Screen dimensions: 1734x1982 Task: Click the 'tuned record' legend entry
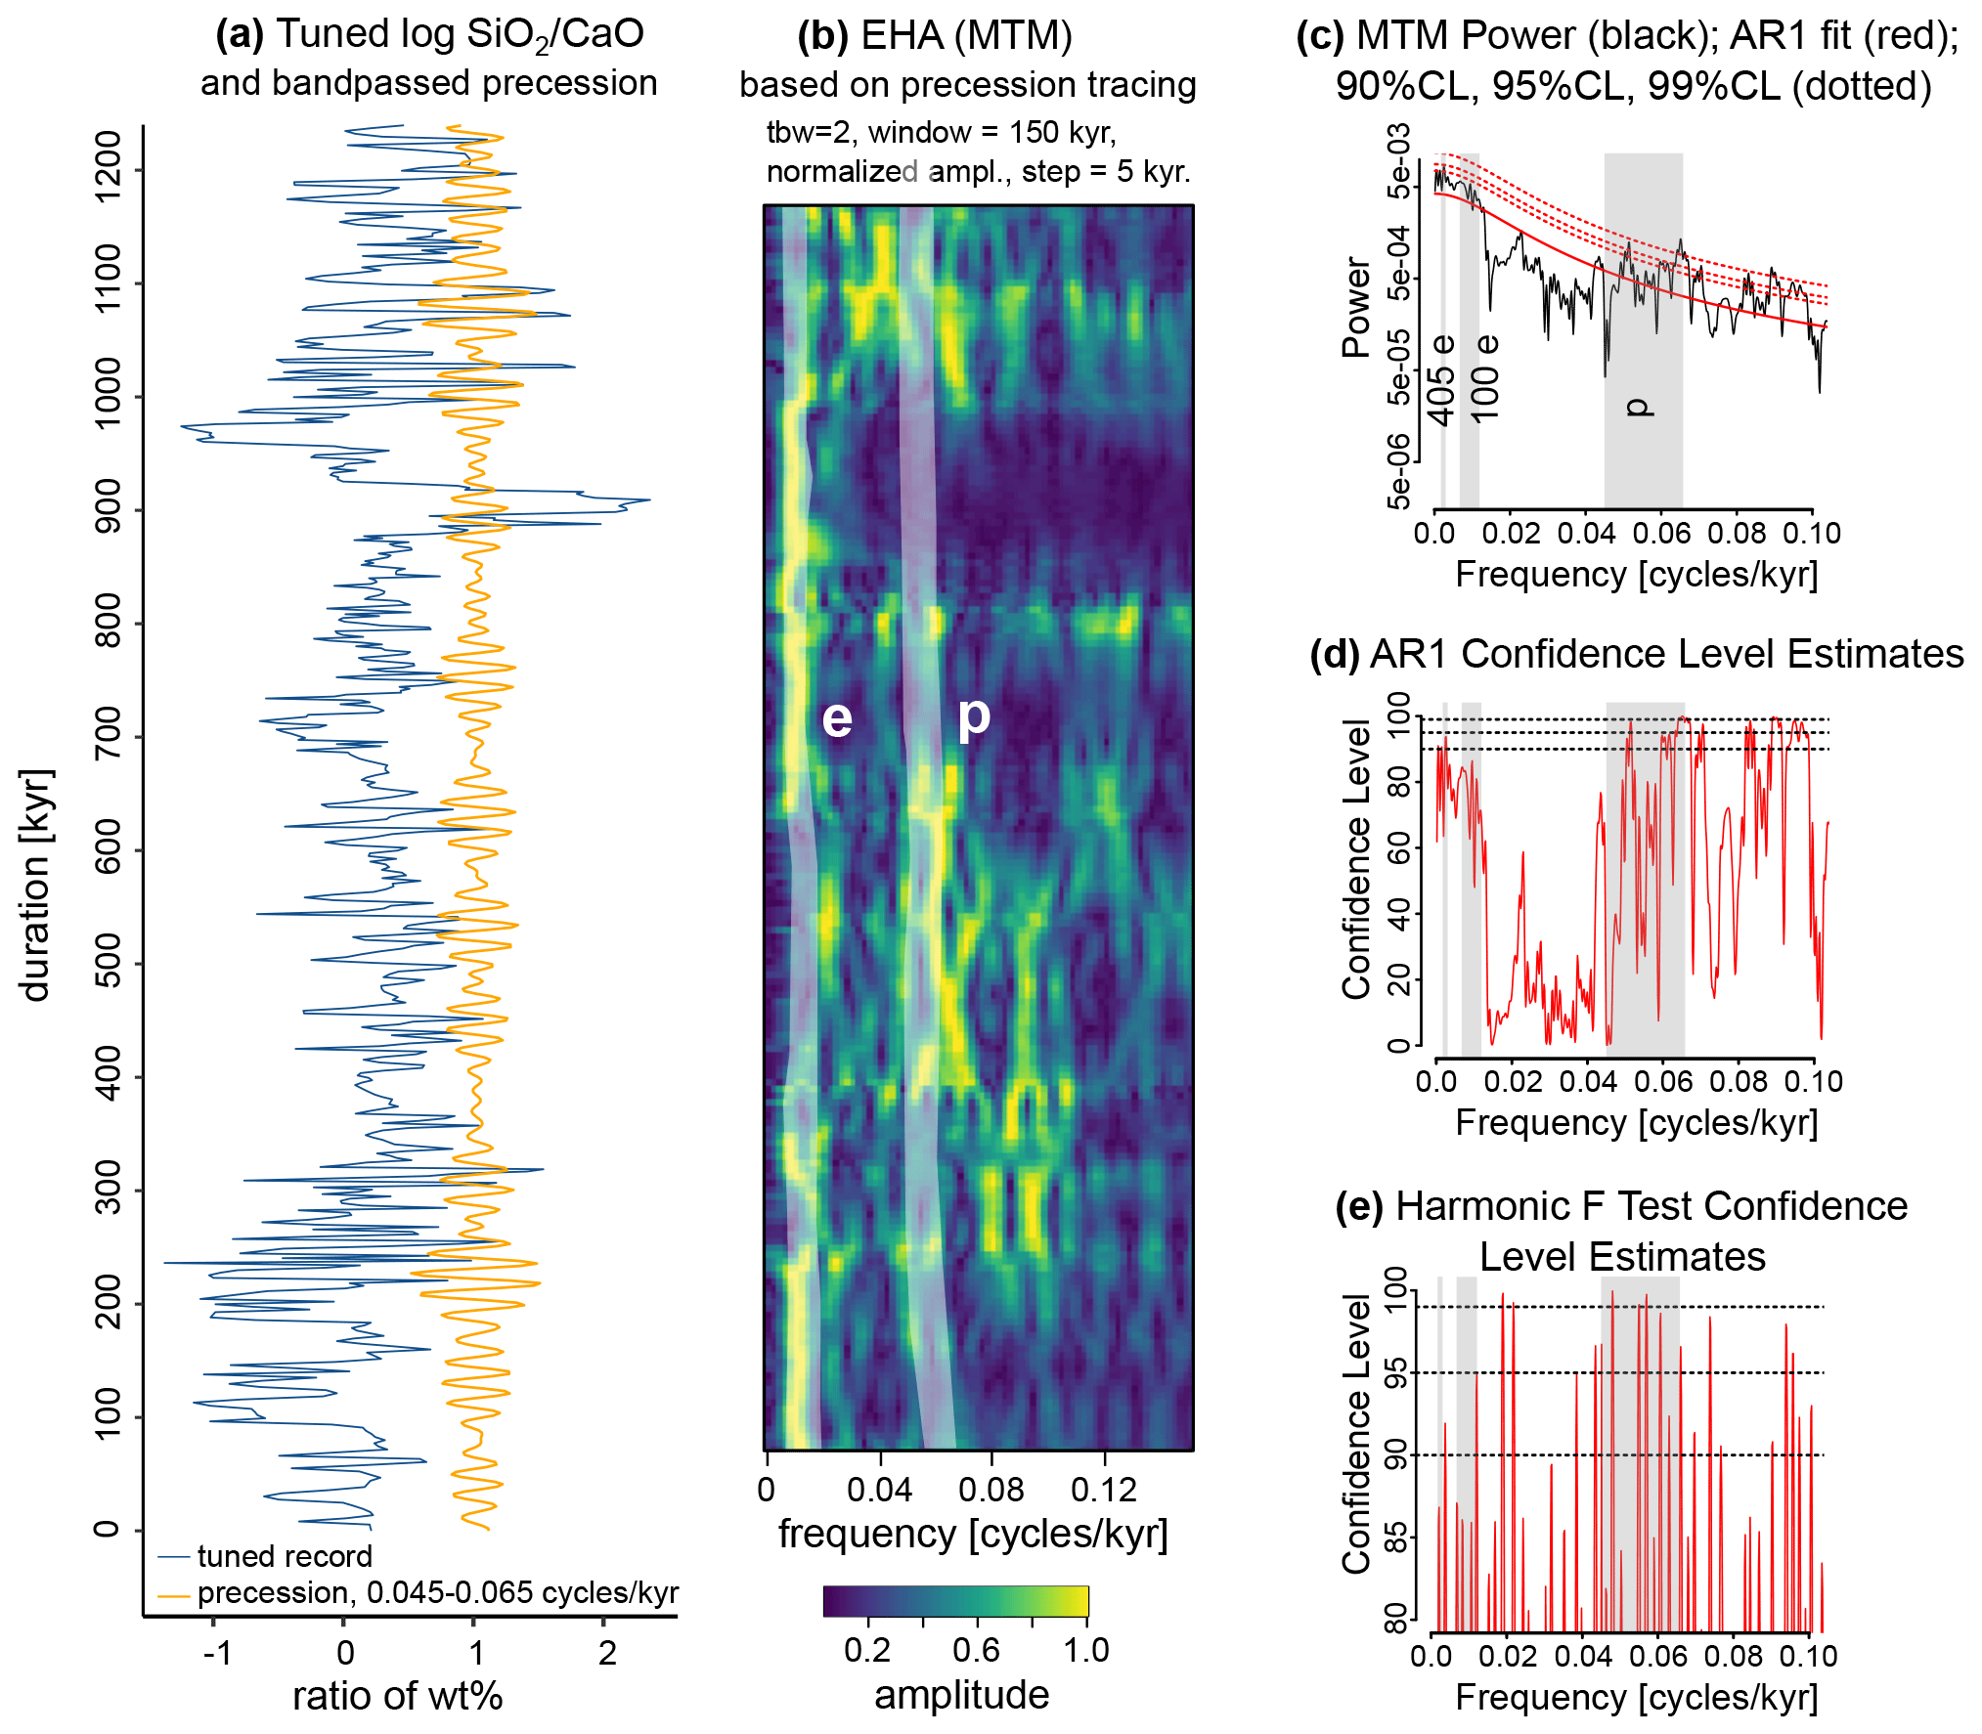284,1556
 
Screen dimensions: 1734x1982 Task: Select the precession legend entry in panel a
437,1593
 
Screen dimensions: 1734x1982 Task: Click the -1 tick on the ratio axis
217,1653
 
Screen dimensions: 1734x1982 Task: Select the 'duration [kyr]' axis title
35,885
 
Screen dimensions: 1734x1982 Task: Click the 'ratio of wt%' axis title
397,1696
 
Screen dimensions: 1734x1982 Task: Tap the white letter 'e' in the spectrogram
837,718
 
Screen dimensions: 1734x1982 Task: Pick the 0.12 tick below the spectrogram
1104,1490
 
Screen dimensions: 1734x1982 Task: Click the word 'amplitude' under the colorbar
961,1695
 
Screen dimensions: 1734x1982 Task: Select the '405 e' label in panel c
1442,381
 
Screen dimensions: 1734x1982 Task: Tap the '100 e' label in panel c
1485,378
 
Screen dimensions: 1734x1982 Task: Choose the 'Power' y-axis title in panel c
1356,308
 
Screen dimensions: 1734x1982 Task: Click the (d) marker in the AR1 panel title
1334,654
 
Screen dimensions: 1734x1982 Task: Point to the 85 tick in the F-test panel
1396,1537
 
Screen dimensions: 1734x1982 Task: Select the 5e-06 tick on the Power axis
1399,472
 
